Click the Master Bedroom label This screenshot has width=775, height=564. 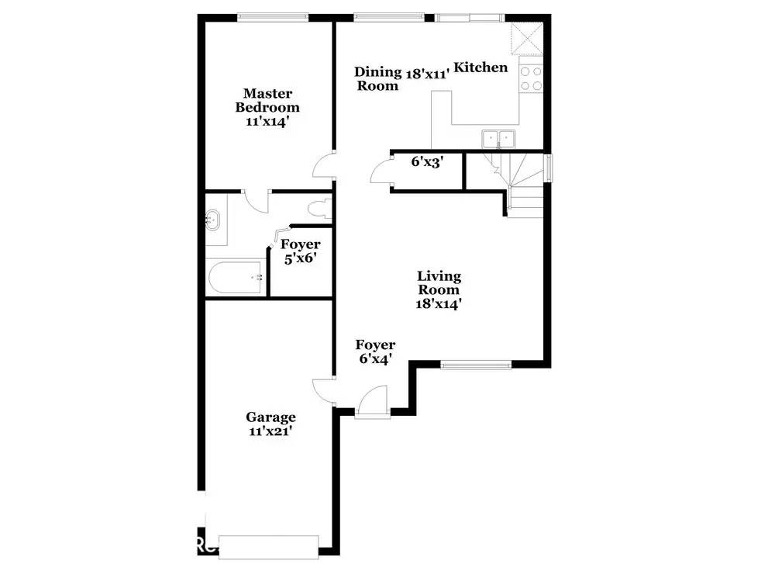coord(267,100)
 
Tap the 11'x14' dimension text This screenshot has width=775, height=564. coord(267,122)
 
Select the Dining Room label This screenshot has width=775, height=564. coord(377,78)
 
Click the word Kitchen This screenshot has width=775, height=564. coord(480,67)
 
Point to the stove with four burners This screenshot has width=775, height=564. coord(531,78)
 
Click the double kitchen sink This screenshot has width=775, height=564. coord(498,139)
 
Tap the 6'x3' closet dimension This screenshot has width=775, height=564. coord(426,162)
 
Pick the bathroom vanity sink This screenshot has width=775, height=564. coord(214,220)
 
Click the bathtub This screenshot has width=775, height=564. coord(236,277)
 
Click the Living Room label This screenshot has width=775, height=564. coord(439,289)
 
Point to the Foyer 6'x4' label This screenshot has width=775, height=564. coord(375,351)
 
